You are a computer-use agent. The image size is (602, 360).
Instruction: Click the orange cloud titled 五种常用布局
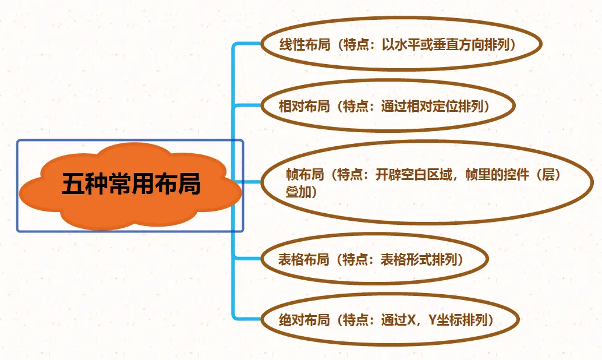130,185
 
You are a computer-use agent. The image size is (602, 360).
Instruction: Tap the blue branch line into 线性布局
247,44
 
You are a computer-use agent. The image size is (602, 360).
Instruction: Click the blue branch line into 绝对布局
247,317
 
